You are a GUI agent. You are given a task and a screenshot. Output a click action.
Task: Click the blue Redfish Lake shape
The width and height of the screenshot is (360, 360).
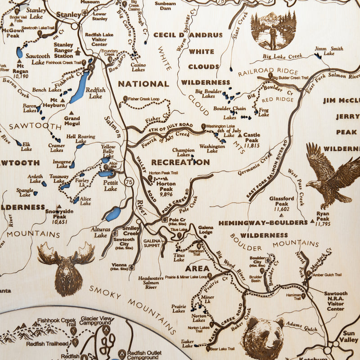pos(80,87)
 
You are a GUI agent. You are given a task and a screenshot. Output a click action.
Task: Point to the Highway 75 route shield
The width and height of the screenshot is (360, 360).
pos(130,182)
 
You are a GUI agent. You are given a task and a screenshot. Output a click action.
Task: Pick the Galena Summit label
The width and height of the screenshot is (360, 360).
pos(152,243)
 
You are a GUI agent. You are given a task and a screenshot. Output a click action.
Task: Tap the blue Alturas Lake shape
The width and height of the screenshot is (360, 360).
pos(113,214)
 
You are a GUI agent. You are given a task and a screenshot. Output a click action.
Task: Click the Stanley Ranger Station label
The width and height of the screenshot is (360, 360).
pos(63,50)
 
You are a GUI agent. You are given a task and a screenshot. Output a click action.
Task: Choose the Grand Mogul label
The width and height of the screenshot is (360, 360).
pos(72,121)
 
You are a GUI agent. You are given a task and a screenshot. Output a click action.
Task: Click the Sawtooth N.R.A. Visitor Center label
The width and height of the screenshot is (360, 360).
pos(335,301)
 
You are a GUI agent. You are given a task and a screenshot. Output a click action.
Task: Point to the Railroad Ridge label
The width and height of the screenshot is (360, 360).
pos(268,72)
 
